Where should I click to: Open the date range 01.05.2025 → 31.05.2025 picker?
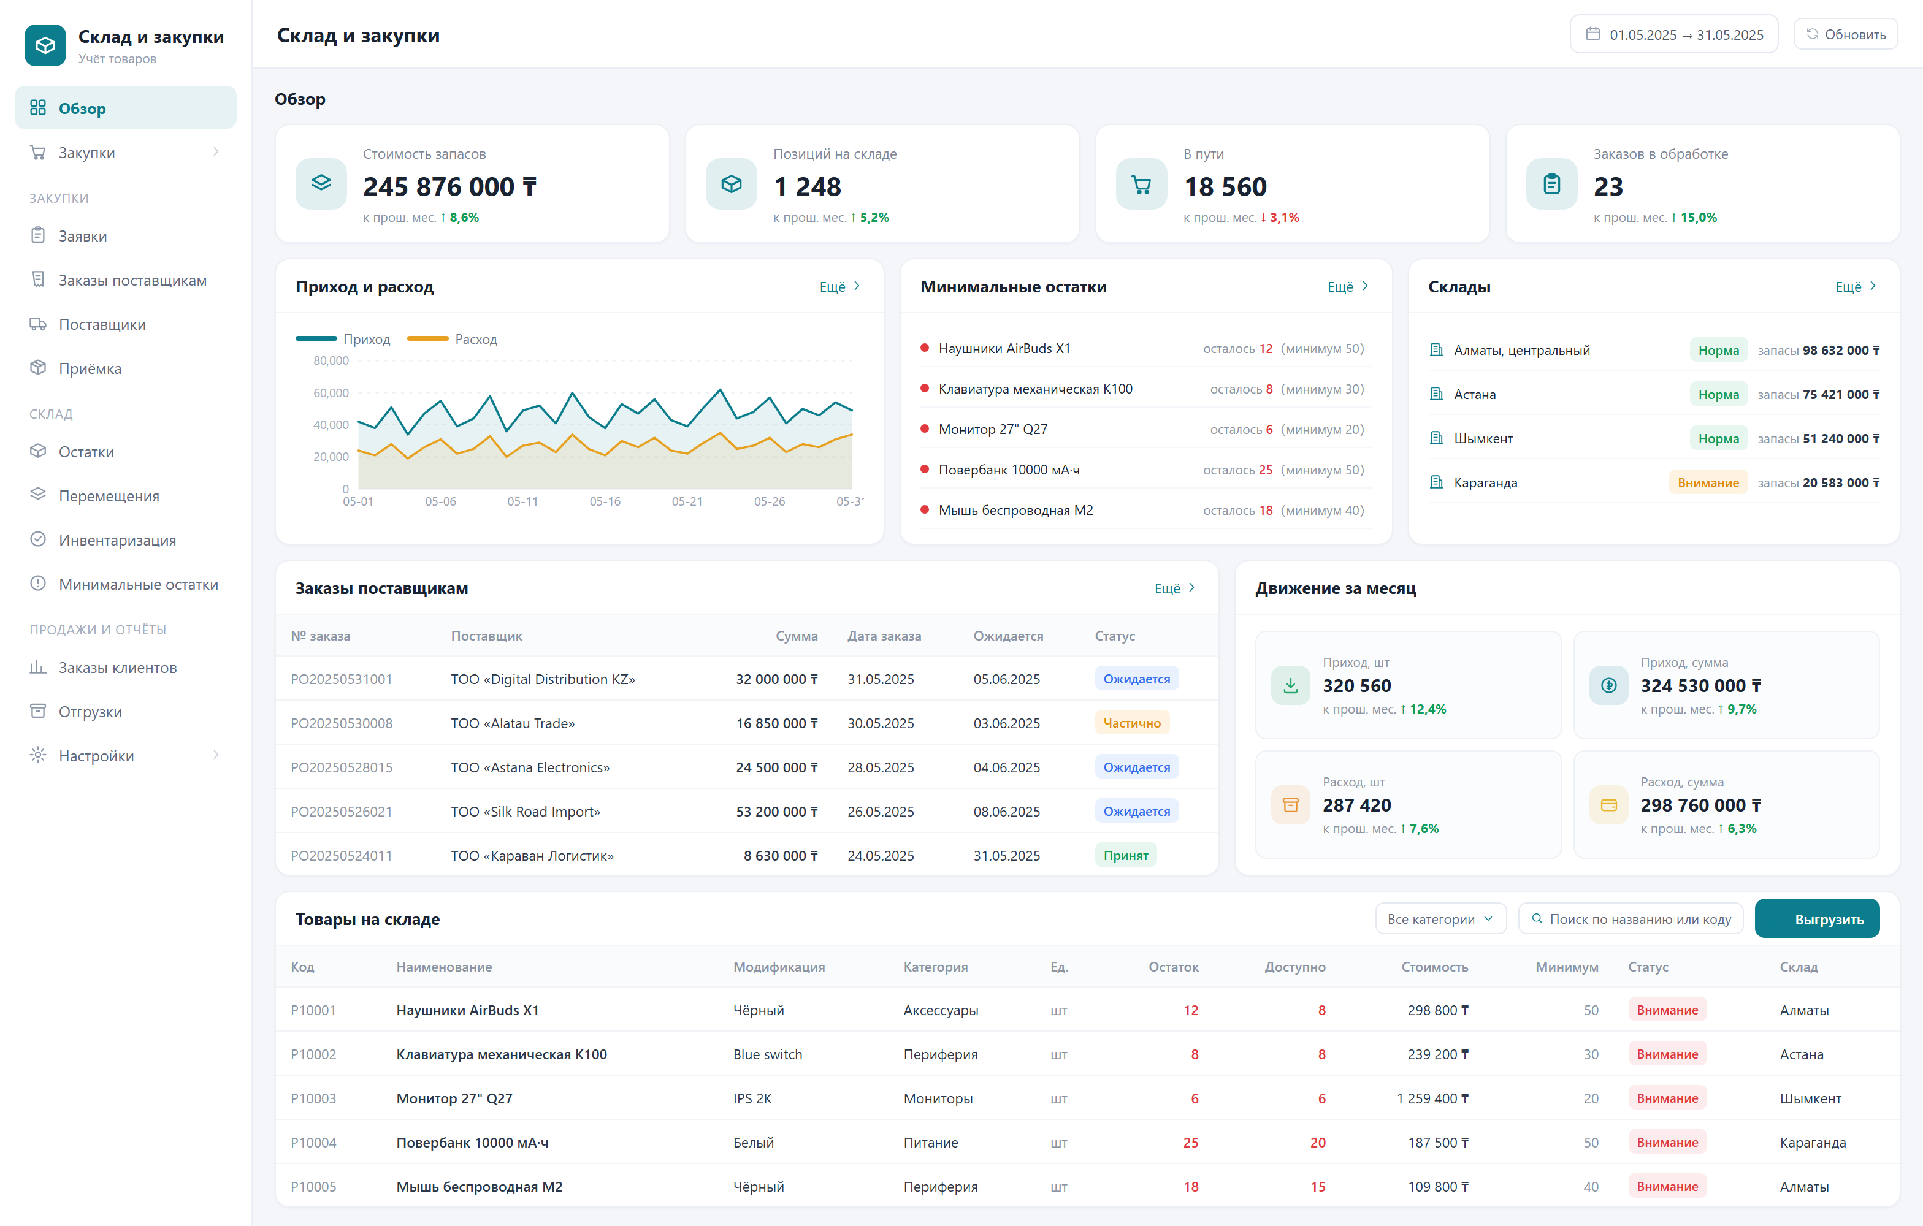pos(1674,34)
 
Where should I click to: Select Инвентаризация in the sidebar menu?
pos(117,541)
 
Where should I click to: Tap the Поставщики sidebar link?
pos(102,325)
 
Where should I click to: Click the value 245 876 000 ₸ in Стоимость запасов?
pos(449,187)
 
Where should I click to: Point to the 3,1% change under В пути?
pos(1284,218)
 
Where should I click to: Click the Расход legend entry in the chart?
pos(452,339)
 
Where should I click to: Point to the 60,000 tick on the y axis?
pos(331,393)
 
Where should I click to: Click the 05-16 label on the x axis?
pos(605,502)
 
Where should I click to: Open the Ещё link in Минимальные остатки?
pos(1348,286)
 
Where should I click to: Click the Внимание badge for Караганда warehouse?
pos(1708,483)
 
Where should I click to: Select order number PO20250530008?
pos(342,724)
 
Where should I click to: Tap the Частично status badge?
pos(1131,723)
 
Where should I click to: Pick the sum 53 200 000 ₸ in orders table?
pos(776,812)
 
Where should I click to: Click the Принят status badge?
pos(1125,856)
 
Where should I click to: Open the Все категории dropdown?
pos(1440,919)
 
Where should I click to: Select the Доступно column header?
pos(1294,967)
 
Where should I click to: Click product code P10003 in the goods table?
pos(313,1099)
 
